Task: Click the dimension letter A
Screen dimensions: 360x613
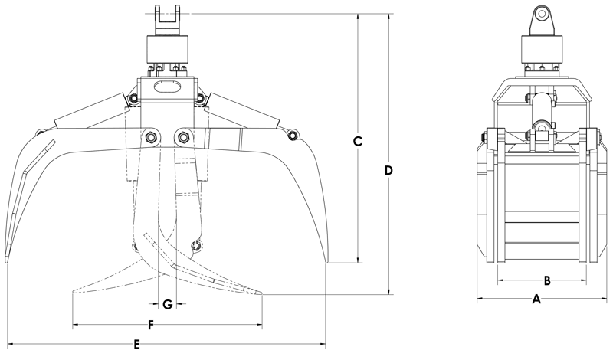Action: [536, 300]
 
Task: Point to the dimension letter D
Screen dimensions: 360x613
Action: [388, 169]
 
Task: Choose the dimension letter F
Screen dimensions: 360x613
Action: [152, 326]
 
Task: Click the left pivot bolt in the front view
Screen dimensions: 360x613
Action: [149, 137]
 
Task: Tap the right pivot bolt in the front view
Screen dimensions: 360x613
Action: [183, 137]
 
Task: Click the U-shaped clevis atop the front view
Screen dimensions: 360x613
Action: [166, 17]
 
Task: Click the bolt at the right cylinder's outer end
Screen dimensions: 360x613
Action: [292, 136]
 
